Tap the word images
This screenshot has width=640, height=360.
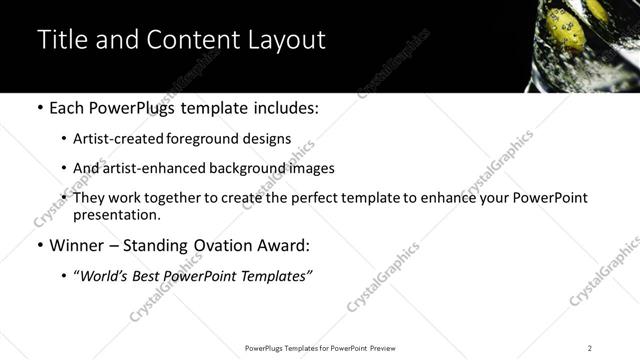[307, 168]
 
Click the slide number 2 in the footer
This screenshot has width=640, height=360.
[589, 347]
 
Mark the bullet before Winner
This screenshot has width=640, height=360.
[39, 245]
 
